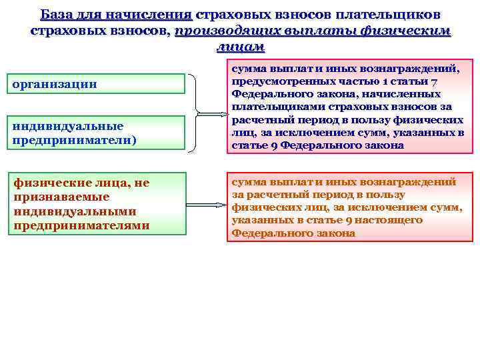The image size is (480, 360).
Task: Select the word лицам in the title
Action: (x=240, y=47)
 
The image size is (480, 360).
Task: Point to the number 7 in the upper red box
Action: (x=434, y=81)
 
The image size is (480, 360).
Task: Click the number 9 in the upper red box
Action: (x=267, y=145)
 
